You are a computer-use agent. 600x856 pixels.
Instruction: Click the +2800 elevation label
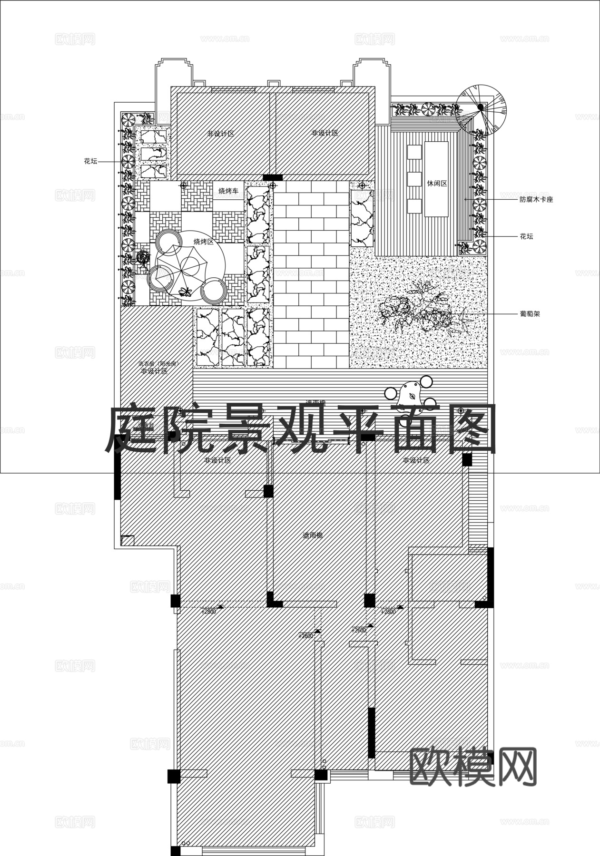tap(209, 612)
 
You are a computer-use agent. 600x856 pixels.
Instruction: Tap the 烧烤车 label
tap(228, 191)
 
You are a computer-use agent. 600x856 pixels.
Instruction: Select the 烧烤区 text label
tap(203, 242)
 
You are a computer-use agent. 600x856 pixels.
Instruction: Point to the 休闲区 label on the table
tap(437, 183)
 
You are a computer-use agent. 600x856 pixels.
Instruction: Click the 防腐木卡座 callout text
tap(536, 200)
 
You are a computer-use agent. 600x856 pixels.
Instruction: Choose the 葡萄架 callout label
tap(530, 314)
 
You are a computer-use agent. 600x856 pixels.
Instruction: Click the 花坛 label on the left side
tap(90, 161)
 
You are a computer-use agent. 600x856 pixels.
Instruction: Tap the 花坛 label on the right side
tap(526, 236)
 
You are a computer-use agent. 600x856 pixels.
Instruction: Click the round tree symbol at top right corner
tap(481, 108)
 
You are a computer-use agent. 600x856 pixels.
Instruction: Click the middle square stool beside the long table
tap(414, 179)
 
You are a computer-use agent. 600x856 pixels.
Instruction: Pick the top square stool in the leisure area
tap(414, 152)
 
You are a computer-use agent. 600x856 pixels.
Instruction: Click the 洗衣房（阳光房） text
tap(157, 364)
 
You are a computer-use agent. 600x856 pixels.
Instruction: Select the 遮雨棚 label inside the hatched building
tap(313, 535)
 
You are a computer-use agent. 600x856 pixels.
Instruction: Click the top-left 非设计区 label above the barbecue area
tap(220, 134)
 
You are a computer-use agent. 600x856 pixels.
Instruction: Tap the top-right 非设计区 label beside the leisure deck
tap(325, 133)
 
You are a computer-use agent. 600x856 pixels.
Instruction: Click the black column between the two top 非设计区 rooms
tap(273, 177)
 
